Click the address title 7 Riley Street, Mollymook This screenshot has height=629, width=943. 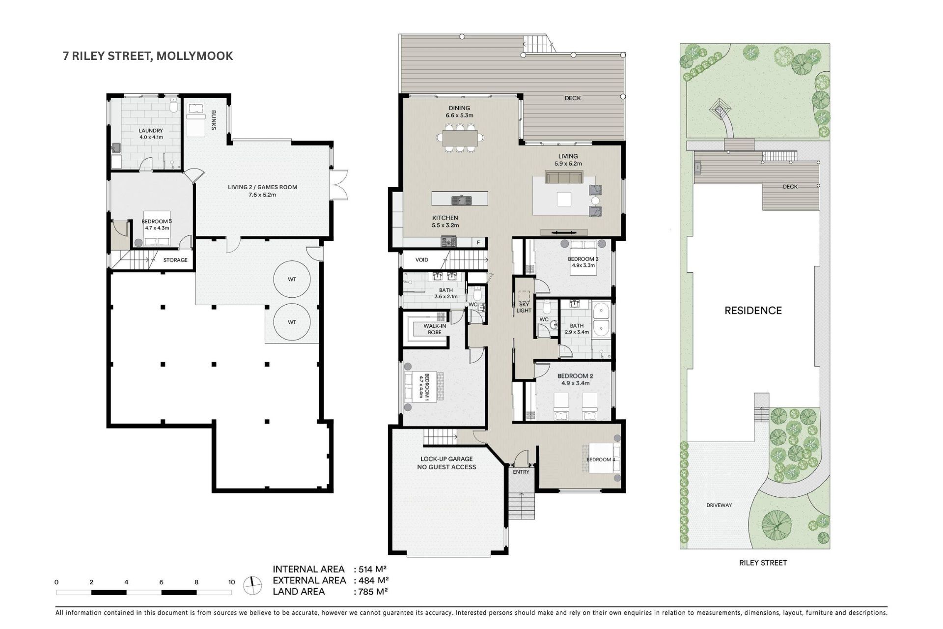point(148,56)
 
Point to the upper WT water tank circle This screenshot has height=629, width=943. point(292,279)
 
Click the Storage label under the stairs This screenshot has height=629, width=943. point(175,260)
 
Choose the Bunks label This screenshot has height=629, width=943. point(214,120)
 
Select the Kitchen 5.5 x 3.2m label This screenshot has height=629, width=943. point(445,221)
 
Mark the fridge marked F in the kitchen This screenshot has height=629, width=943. point(478,242)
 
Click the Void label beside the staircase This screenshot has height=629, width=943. point(422,260)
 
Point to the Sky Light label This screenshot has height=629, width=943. point(524,307)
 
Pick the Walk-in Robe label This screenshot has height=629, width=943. point(435,329)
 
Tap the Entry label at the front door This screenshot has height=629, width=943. point(521,472)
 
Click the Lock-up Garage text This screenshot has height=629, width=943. point(446,459)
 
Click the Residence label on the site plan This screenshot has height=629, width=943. point(753,311)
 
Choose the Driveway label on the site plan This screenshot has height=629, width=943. point(719,505)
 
